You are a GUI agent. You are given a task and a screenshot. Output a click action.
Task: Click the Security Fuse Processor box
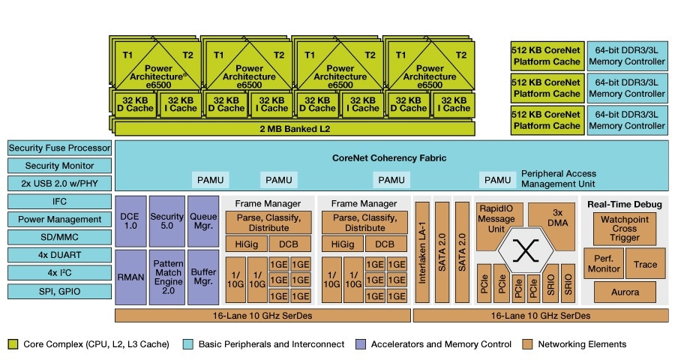[x=60, y=148]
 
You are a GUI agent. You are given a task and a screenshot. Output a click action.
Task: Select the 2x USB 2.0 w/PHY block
[x=60, y=184]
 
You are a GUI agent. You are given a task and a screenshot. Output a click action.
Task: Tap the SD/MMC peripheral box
[x=60, y=237]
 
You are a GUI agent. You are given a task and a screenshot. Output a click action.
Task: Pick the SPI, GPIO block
[x=60, y=290]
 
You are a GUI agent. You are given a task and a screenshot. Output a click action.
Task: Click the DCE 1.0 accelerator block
[x=130, y=220]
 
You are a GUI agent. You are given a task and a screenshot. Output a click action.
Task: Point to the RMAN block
[x=130, y=276]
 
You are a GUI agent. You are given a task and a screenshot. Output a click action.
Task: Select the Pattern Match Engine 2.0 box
[x=166, y=276]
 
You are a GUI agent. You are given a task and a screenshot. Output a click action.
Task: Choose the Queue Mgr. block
[x=202, y=220]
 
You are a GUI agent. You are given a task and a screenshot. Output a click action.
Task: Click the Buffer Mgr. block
[x=202, y=276]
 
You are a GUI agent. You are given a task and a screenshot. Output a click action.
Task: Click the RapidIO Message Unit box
[x=499, y=219]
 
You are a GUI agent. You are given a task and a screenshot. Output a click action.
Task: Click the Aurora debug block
[x=625, y=292]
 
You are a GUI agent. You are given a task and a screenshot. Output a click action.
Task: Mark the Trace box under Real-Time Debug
[x=645, y=264]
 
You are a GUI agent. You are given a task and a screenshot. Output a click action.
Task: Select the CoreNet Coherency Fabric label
[x=389, y=158]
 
